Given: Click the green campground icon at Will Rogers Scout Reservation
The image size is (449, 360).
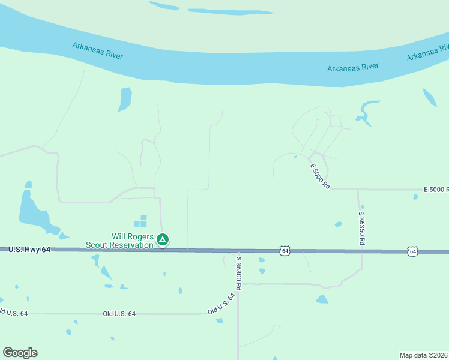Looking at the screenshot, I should tap(162, 240).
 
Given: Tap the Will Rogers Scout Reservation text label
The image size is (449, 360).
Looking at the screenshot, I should tap(120, 240).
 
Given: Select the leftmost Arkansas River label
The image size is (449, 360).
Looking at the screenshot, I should tap(98, 50).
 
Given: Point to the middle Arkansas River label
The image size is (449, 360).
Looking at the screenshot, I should tap(353, 67).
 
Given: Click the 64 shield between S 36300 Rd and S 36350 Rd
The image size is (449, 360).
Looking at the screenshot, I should tap(285, 250).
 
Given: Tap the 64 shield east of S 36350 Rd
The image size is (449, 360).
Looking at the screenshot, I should tap(412, 251).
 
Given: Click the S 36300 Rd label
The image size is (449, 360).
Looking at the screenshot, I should tap(238, 274).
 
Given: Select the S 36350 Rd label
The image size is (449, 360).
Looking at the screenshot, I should tap(362, 227).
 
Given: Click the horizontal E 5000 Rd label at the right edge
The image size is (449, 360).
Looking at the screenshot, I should tap(436, 190).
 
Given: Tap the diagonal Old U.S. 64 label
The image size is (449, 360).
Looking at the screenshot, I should tap(221, 305).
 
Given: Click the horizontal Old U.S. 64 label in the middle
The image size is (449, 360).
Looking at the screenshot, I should tap(119, 314).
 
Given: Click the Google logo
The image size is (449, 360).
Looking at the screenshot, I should tap(20, 353).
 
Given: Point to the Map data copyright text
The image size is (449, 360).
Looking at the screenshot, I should tap(424, 355).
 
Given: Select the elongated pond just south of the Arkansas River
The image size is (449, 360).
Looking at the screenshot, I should tap(125, 99).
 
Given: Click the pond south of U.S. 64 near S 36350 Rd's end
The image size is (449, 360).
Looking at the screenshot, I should tap(322, 299).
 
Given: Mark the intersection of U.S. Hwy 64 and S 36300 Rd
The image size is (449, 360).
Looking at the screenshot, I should tap(238, 250).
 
